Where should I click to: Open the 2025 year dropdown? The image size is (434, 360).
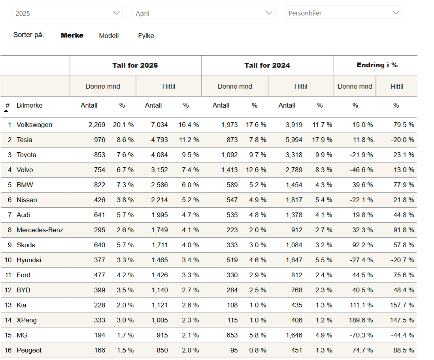[x=67, y=13]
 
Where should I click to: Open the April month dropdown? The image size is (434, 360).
[x=204, y=13]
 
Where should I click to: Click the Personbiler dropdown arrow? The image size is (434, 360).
[x=396, y=13]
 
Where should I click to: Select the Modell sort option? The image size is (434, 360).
[x=109, y=36]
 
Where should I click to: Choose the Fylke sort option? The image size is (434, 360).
[x=146, y=36]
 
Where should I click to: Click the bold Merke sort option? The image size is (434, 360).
[x=72, y=35]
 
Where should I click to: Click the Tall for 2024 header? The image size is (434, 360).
[x=267, y=65]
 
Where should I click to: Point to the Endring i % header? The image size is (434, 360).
[x=377, y=65]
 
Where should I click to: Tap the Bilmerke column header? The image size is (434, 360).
[x=30, y=105]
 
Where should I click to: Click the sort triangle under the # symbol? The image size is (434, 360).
[x=6, y=111]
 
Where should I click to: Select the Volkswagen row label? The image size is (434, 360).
[x=34, y=125]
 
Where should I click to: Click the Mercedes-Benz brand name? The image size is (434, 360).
[x=40, y=230]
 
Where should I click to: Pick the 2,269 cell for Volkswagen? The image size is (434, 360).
[x=97, y=125]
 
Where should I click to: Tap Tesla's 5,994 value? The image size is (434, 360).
[x=294, y=140]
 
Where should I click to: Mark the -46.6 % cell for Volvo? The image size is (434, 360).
[x=361, y=170]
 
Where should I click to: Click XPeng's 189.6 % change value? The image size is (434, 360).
[x=361, y=320]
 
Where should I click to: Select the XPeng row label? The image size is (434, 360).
[x=26, y=320]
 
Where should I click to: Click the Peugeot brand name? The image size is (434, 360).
[x=29, y=350]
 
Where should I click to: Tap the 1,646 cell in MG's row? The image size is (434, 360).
[x=294, y=335]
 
